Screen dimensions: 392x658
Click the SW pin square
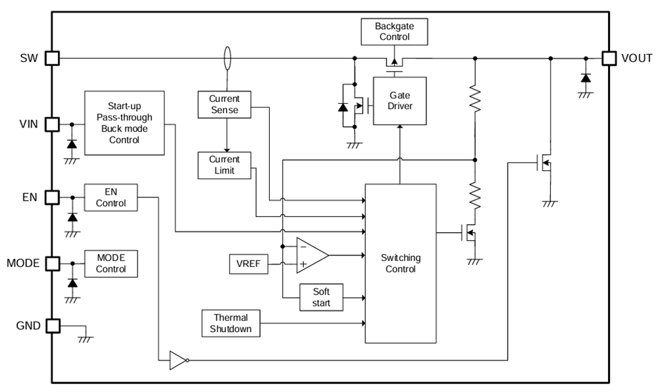[52, 59]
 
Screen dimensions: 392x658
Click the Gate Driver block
[399, 101]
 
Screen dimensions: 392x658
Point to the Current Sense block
[224, 105]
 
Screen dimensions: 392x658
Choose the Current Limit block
[224, 165]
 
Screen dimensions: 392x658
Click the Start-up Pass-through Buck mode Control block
[124, 122]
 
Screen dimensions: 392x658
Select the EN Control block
[111, 197]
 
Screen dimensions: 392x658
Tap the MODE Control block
[111, 263]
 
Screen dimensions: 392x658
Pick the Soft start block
[321, 297]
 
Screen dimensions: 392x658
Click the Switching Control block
[400, 263]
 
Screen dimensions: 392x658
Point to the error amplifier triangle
[311, 255]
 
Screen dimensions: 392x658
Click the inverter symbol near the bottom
[179, 360]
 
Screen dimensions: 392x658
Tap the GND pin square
[52, 326]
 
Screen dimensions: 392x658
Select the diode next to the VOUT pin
[585, 78]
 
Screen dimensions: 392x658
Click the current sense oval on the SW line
[228, 58]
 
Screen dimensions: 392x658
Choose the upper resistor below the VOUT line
[474, 99]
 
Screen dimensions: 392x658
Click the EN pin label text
[28, 197]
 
